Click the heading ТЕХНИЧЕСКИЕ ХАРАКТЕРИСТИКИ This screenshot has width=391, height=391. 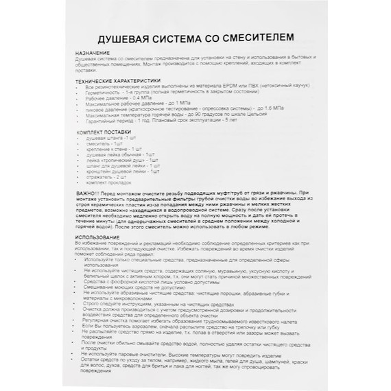[x=117, y=80]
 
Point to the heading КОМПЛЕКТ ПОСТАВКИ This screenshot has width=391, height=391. [x=104, y=130]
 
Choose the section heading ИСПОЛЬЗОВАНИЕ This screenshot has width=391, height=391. [x=99, y=237]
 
